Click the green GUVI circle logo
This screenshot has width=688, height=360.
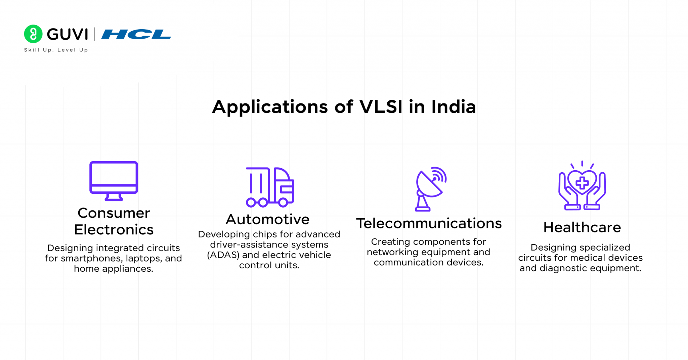click(x=33, y=34)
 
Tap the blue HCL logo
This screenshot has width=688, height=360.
click(x=136, y=34)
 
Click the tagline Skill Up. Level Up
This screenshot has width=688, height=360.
click(x=56, y=50)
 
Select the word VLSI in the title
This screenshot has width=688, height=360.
click(x=381, y=107)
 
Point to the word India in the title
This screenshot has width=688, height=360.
click(x=454, y=107)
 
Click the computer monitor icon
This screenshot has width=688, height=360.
click(x=114, y=180)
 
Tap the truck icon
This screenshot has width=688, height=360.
click(x=270, y=187)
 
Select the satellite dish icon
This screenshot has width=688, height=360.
click(x=430, y=188)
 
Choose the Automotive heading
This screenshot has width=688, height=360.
click(x=267, y=219)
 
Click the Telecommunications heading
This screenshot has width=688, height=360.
click(x=429, y=223)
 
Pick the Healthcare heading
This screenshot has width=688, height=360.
click(x=582, y=227)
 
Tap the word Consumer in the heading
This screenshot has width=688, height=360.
click(x=114, y=213)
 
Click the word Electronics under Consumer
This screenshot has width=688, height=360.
click(x=114, y=230)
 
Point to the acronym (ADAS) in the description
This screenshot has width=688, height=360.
click(x=223, y=255)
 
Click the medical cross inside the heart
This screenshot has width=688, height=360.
click(x=582, y=183)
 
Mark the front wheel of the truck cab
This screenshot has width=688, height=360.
click(x=283, y=202)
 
